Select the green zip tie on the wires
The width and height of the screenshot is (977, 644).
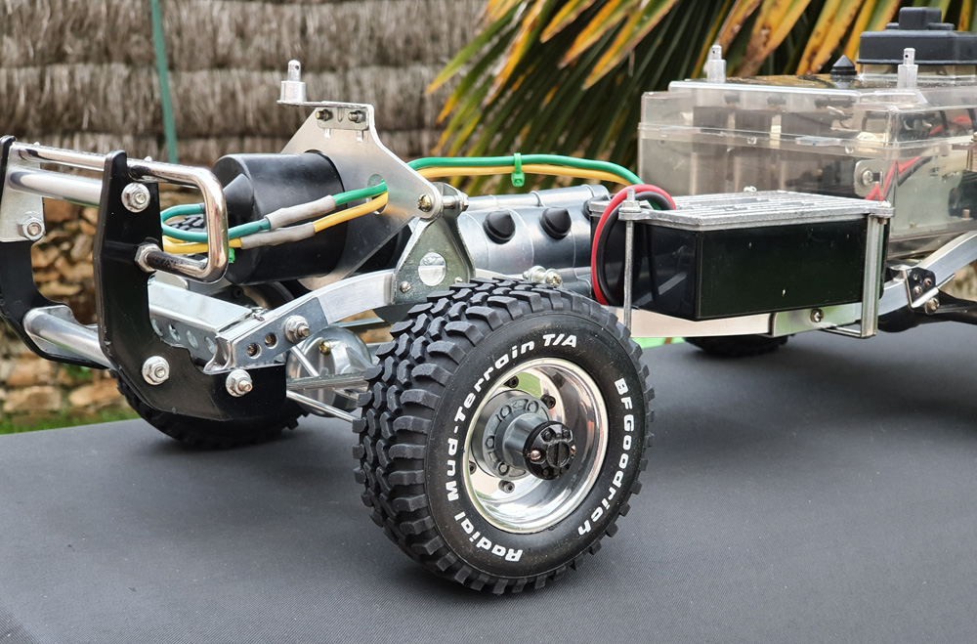517,170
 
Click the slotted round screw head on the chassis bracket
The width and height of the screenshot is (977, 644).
432,269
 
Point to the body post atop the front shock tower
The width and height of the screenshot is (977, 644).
293,82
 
